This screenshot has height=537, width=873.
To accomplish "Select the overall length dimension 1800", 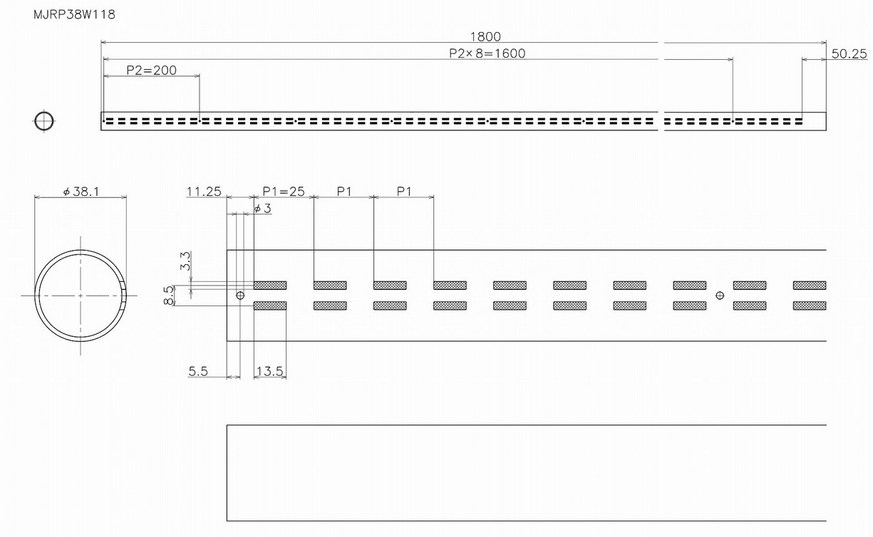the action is [x=485, y=37].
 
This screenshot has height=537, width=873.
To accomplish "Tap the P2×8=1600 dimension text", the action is [x=487, y=53].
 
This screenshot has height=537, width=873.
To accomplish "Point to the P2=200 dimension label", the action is [x=151, y=70].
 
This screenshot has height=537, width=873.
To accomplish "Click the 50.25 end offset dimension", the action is [x=849, y=53].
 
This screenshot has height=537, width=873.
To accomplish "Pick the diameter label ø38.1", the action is [x=81, y=192].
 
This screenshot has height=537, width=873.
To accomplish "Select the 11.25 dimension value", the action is [x=204, y=192].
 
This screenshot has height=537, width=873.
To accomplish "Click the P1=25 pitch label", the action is [x=284, y=192].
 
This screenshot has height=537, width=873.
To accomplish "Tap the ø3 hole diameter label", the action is [x=262, y=208].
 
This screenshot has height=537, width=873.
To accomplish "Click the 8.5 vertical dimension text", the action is [x=169, y=296].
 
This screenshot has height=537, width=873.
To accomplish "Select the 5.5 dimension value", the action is [x=198, y=371].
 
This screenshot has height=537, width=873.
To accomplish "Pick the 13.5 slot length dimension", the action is [x=269, y=371].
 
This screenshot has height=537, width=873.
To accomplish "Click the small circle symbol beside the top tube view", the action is [x=43, y=121].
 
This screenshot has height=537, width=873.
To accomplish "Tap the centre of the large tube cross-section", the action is [x=80, y=295].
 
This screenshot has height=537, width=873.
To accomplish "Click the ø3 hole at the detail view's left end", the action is [x=240, y=295].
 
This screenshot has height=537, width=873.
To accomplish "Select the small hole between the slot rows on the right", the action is [x=720, y=295].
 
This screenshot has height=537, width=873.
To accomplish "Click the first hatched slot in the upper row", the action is [x=270, y=285].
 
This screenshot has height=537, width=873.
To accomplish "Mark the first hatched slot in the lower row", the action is [x=270, y=306].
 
